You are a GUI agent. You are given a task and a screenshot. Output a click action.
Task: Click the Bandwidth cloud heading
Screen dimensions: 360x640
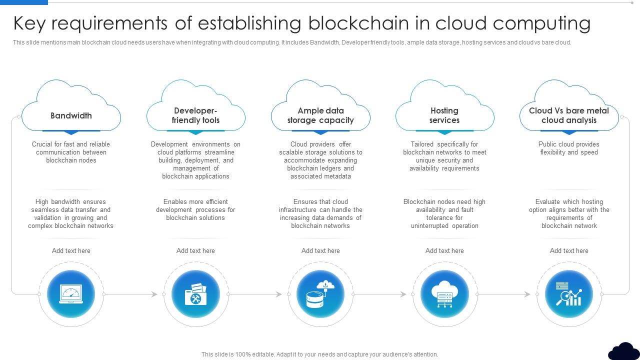click(71, 115)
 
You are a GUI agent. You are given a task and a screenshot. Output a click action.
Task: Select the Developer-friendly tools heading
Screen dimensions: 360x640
click(195, 115)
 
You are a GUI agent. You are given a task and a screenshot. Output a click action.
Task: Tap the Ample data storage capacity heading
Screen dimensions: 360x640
click(320, 115)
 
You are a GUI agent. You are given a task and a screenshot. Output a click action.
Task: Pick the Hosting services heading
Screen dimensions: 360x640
click(444, 115)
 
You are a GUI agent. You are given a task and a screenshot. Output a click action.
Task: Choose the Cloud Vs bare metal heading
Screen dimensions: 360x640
click(569, 115)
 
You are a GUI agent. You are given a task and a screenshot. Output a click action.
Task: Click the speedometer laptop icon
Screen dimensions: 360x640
click(71, 294)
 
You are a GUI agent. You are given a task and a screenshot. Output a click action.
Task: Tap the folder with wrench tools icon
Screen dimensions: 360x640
click(195, 294)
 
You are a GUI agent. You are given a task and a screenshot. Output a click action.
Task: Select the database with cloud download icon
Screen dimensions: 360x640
click(320, 294)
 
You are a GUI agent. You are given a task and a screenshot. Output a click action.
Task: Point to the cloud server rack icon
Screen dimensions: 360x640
click(444, 294)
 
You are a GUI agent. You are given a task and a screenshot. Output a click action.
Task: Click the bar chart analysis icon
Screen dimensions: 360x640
click(569, 294)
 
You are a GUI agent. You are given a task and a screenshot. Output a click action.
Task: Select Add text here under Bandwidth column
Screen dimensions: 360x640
click(71, 250)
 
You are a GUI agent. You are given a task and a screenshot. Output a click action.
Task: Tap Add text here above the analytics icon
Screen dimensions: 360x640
click(569, 250)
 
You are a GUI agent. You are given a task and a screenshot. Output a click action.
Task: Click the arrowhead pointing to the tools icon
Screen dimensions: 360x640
click(155, 294)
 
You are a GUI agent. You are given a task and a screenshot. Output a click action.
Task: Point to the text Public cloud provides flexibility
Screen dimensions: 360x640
click(569, 148)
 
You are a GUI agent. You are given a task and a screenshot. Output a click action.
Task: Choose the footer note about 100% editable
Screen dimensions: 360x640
click(320, 354)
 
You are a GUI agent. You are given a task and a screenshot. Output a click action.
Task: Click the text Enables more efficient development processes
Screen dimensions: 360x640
click(195, 209)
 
